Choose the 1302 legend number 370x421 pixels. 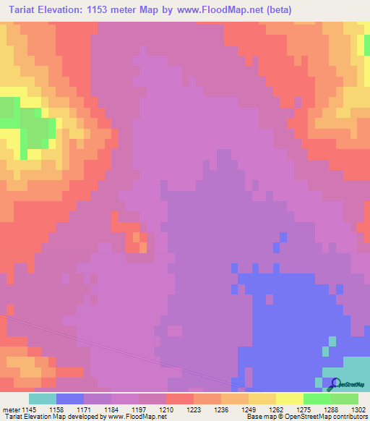coord(358,409)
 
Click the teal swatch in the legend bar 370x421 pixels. coord(43,399)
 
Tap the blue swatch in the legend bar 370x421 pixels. coord(70,399)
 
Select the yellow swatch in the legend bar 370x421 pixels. coord(290,399)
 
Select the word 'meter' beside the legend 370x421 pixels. coord(11,409)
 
